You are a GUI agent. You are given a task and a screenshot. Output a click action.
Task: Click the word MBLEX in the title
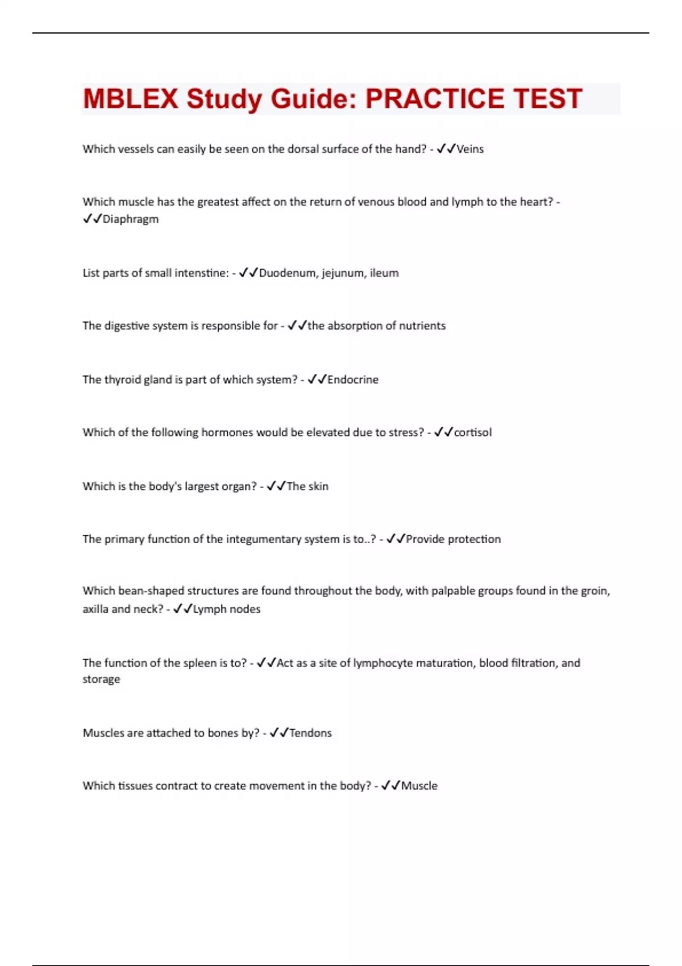pyautogui.click(x=130, y=99)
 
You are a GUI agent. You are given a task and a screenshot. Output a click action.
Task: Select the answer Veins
pyautogui.click(x=470, y=149)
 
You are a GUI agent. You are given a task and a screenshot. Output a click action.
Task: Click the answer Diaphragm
pyautogui.click(x=130, y=219)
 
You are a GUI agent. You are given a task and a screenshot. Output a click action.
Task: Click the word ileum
pyautogui.click(x=384, y=273)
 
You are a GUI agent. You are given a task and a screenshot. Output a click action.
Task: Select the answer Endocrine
pyautogui.click(x=352, y=380)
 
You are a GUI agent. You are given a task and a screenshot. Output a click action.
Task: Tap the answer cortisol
pyautogui.click(x=472, y=432)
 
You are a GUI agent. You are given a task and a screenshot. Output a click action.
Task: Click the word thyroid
pyautogui.click(x=122, y=380)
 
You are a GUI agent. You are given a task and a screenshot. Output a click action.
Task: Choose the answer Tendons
pyautogui.click(x=310, y=733)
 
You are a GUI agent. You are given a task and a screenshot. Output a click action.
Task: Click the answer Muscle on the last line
pyautogui.click(x=419, y=786)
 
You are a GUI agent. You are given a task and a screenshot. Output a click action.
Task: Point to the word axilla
pyautogui.click(x=95, y=609)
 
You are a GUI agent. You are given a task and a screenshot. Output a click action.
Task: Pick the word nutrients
pyautogui.click(x=422, y=326)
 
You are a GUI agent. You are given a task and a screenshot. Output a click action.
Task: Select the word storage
pyautogui.click(x=101, y=680)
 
